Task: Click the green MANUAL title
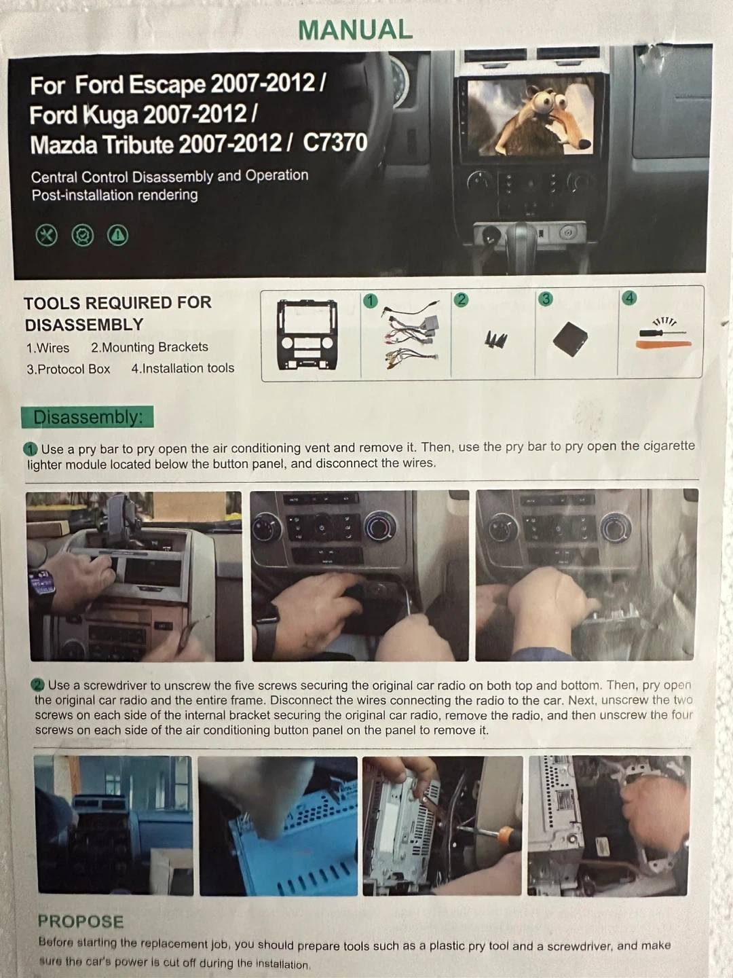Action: [355, 29]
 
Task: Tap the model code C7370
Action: [335, 143]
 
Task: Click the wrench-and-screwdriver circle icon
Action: [47, 235]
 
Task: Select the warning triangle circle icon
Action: [117, 235]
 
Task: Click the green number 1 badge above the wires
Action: [371, 301]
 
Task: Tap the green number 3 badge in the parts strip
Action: [545, 299]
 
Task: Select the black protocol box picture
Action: [570, 339]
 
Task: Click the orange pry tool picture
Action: [664, 344]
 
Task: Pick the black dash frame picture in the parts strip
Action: [307, 335]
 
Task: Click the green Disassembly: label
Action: [88, 417]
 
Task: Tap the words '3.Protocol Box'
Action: [68, 369]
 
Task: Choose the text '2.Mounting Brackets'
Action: [149, 347]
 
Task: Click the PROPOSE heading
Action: [81, 921]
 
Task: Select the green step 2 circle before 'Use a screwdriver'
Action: [37, 685]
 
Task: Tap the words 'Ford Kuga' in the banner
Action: [84, 115]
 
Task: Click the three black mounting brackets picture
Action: [495, 340]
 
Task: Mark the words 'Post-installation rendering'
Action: [115, 195]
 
